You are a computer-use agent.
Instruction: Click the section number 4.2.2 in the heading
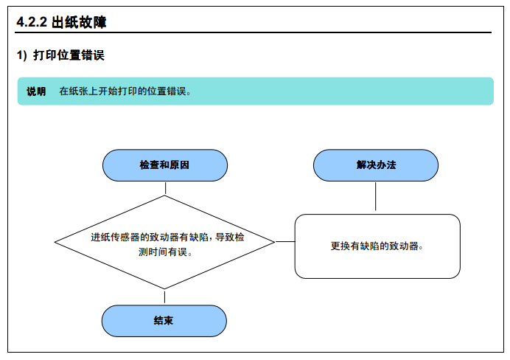click(x=32, y=22)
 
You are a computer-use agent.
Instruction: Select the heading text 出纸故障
click(x=79, y=22)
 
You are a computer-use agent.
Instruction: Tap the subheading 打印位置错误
click(x=69, y=55)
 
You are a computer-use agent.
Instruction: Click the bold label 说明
click(x=36, y=91)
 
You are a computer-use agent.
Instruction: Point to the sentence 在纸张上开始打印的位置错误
click(x=125, y=91)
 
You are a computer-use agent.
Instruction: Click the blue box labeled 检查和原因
click(x=165, y=165)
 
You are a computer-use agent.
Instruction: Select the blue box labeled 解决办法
click(x=376, y=165)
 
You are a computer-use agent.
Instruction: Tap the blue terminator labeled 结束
click(x=164, y=321)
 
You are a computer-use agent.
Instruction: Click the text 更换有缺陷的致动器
click(x=377, y=246)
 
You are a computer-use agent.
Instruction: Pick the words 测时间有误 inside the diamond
click(x=165, y=252)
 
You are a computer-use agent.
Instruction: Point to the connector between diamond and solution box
click(x=285, y=242)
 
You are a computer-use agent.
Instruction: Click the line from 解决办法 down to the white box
click(x=376, y=196)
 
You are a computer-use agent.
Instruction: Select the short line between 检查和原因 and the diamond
click(x=165, y=188)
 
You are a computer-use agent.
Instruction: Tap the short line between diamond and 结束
click(x=164, y=297)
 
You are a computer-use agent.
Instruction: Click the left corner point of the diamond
click(x=55, y=242)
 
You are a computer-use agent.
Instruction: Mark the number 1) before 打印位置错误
click(x=22, y=55)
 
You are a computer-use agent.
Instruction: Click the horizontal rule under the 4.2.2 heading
click(x=253, y=32)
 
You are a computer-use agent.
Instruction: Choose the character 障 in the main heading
click(x=99, y=22)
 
